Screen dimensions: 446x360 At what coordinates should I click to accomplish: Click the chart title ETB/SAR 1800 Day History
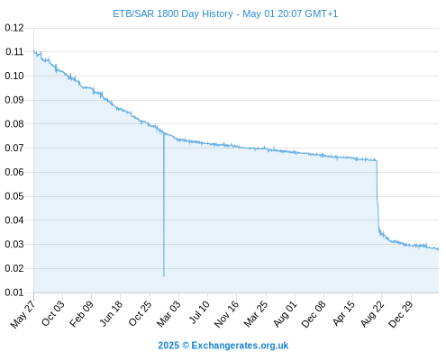pyautogui.click(x=173, y=13)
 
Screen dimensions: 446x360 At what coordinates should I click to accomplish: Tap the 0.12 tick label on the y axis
pyautogui.click(x=14, y=28)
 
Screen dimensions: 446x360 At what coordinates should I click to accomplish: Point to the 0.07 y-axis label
pyautogui.click(x=14, y=148)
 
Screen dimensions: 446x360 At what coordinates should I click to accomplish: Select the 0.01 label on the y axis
pyautogui.click(x=14, y=292)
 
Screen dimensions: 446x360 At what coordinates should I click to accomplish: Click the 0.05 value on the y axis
pyautogui.click(x=14, y=196)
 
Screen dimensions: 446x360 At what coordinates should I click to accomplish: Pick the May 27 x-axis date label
pyautogui.click(x=23, y=313)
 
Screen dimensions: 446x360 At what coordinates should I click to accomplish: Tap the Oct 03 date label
pyautogui.click(x=52, y=313)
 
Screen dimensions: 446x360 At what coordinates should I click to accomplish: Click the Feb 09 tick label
pyautogui.click(x=81, y=313)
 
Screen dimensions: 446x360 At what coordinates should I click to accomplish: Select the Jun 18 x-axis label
pyautogui.click(x=111, y=313)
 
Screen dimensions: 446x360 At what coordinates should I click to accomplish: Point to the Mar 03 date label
pyautogui.click(x=168, y=313)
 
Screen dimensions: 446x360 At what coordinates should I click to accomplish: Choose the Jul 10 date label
pyautogui.click(x=199, y=312)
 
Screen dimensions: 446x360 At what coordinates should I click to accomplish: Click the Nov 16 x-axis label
pyautogui.click(x=226, y=313)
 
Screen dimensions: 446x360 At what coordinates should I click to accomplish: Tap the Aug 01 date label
pyautogui.click(x=286, y=314)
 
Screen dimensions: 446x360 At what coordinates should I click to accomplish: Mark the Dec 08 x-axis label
pyautogui.click(x=314, y=314)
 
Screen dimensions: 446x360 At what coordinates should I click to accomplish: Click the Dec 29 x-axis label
pyautogui.click(x=401, y=314)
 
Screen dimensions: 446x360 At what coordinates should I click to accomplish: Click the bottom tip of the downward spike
pyautogui.click(x=164, y=276)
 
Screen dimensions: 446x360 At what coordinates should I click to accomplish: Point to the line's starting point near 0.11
pyautogui.click(x=33, y=50)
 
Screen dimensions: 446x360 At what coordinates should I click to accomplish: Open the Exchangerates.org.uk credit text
pyautogui.click(x=240, y=346)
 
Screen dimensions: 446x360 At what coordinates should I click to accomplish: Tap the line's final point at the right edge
pyautogui.click(x=438, y=249)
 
